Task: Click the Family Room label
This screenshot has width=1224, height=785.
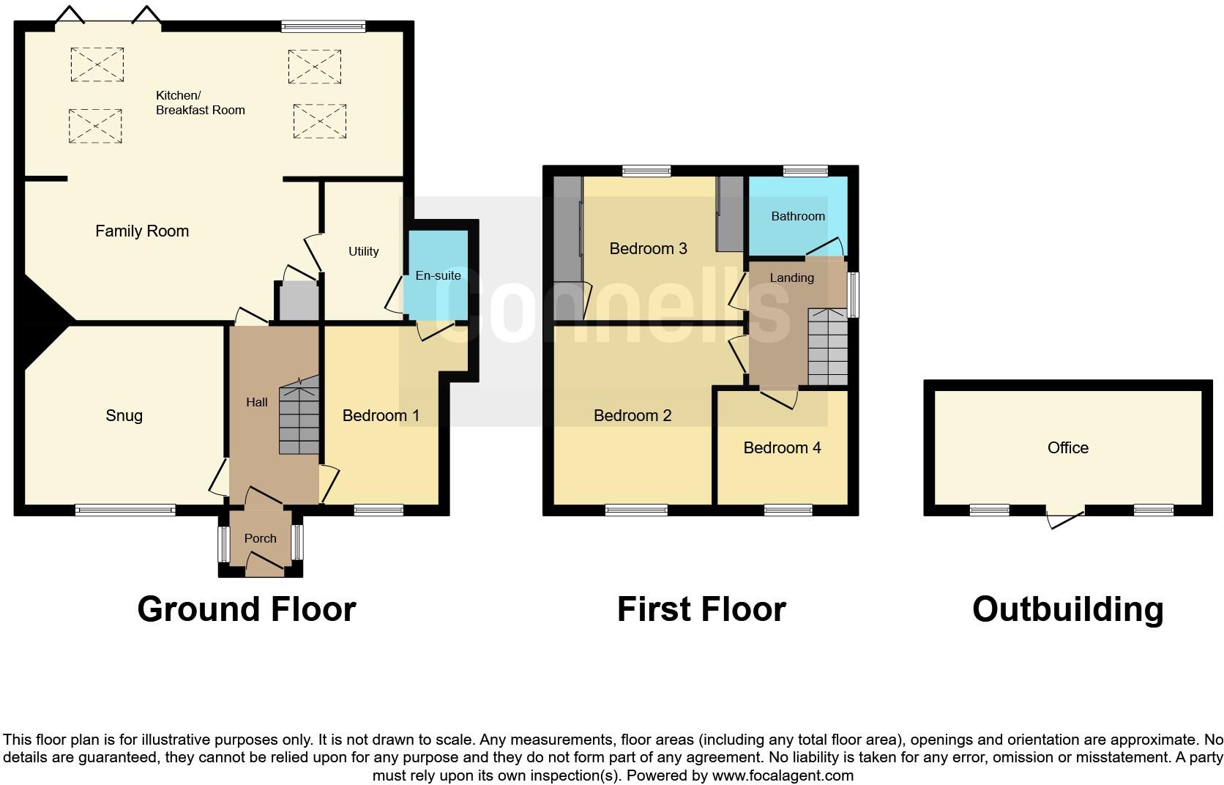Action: coord(142,231)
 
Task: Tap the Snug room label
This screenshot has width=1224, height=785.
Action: coord(124,416)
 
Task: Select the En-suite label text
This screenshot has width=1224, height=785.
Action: coord(438,276)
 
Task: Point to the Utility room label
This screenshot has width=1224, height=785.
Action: coord(363,251)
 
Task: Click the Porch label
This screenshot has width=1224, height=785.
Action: coord(260,538)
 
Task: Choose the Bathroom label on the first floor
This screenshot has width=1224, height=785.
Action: coord(797,216)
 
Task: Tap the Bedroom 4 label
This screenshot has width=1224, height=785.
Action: coord(782,447)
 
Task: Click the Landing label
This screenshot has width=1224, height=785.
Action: coord(791,278)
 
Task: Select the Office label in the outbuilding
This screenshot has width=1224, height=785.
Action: coord(1067,447)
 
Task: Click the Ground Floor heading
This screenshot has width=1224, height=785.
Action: coord(247,609)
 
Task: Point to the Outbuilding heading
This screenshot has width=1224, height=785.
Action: coord(1067,609)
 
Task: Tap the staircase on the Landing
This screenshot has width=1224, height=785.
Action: coord(827,348)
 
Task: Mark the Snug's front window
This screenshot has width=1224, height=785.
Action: coord(125,510)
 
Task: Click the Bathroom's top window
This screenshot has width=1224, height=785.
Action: coord(805,171)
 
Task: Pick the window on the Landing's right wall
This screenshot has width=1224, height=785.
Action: coord(854,295)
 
